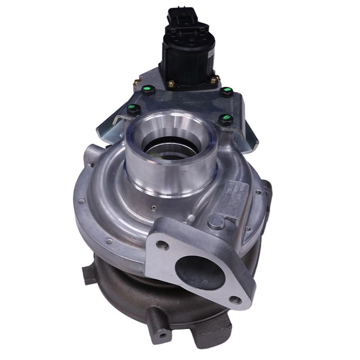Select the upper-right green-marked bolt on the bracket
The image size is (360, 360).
tap(227, 92)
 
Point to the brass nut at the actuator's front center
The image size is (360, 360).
tap(172, 84)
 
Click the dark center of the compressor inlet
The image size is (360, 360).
tap(169, 151)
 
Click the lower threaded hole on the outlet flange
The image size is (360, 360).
tap(235, 300)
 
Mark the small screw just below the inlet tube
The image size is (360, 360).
tap(154, 208)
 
